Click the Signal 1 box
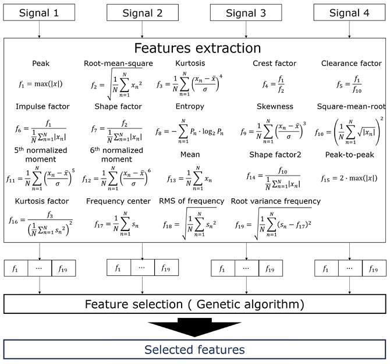(39, 12)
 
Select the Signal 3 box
(245, 12)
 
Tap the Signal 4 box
(349, 12)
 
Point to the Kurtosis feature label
(191, 63)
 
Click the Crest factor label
(274, 63)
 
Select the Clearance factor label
(351, 63)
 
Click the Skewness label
(275, 107)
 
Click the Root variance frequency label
(276, 201)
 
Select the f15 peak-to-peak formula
(348, 177)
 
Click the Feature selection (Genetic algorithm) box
(195, 304)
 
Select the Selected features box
(195, 349)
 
